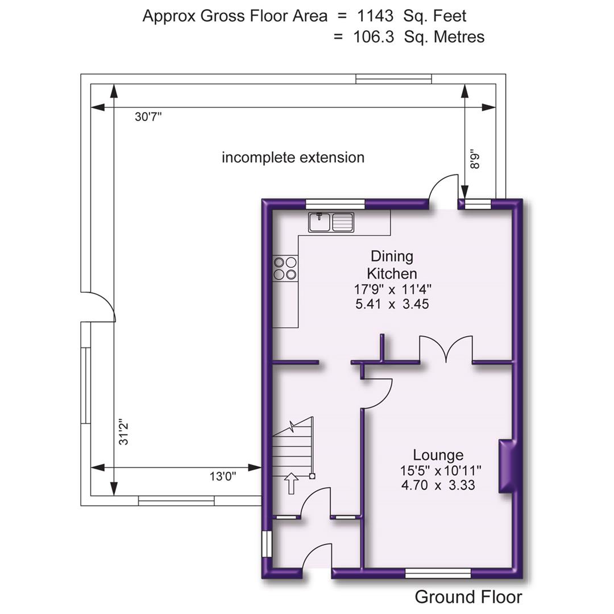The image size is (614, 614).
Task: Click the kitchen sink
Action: point(331,222)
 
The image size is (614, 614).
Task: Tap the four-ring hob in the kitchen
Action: point(285,268)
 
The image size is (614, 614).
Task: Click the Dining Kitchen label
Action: point(392,264)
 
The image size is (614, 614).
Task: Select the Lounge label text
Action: point(438,455)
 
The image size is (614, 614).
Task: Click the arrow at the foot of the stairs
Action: point(291,484)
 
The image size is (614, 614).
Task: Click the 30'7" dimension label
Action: point(148,117)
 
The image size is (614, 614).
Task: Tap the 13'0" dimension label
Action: point(223,476)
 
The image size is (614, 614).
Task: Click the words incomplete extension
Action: point(293,157)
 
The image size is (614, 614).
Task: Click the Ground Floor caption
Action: point(468,597)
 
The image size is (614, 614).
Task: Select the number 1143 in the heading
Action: point(373,16)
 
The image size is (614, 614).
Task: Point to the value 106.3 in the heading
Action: point(373,37)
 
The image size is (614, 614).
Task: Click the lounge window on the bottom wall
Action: point(438,572)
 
